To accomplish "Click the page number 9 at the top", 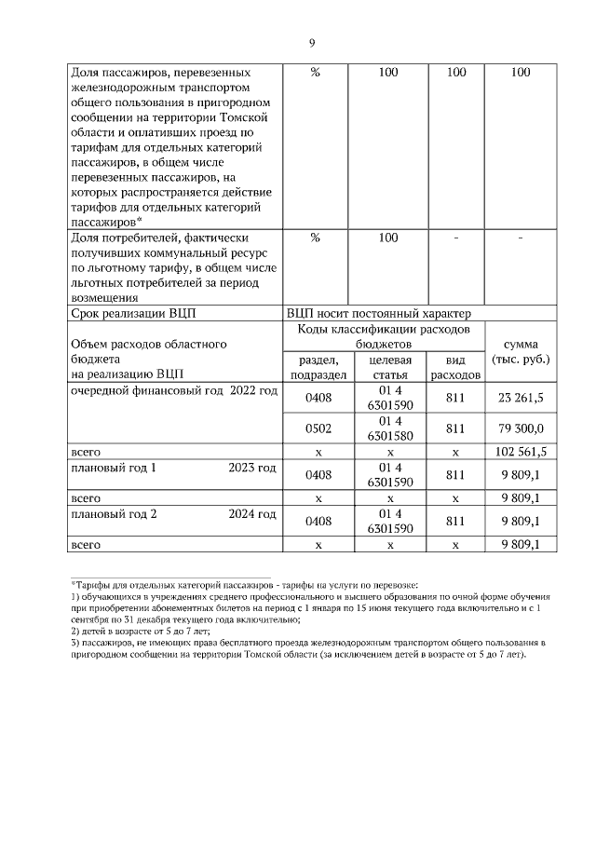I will (312, 43).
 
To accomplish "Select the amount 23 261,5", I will (521, 397).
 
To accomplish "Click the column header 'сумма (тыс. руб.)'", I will (521, 351).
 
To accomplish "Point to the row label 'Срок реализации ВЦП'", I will (134, 313).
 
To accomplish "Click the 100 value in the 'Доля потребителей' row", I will (389, 238).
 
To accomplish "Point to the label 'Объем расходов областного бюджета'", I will (149, 344).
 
